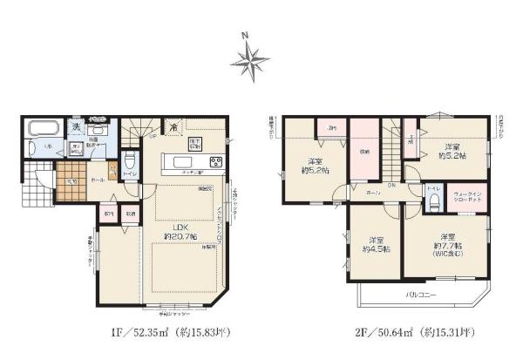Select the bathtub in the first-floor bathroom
(42, 129)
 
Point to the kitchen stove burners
(215, 163)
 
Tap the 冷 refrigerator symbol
(174, 126)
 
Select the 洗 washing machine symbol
(76, 128)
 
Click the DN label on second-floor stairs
(391, 185)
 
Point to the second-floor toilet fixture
(431, 202)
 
